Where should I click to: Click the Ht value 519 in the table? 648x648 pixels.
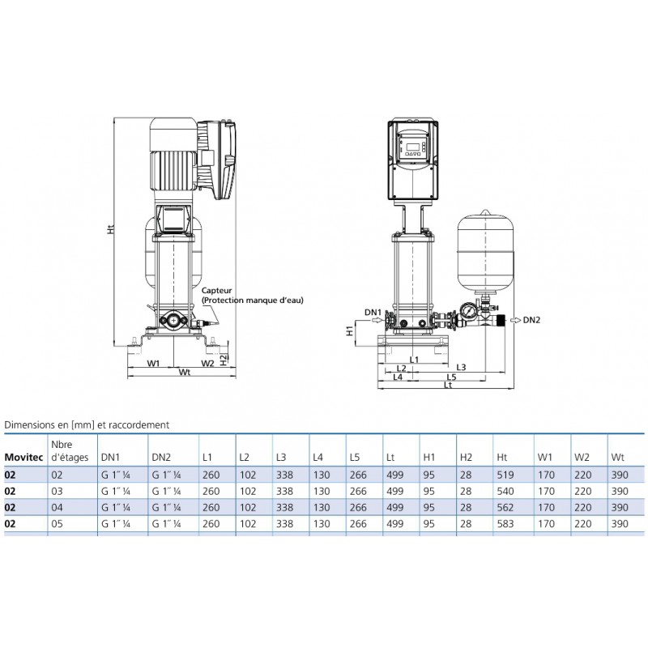click(x=505, y=475)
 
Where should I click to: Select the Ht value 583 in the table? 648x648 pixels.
click(x=505, y=523)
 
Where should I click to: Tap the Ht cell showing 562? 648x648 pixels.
click(x=505, y=508)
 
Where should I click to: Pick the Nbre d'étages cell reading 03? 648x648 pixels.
click(x=57, y=492)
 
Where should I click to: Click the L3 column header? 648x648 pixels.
click(x=281, y=458)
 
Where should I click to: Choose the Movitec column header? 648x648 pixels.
click(x=23, y=458)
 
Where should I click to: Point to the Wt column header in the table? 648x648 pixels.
click(x=617, y=458)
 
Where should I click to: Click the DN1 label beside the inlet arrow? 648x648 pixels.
click(x=373, y=313)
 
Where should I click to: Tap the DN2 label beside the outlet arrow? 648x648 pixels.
click(x=531, y=320)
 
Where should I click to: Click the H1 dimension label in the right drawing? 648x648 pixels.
click(x=350, y=330)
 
